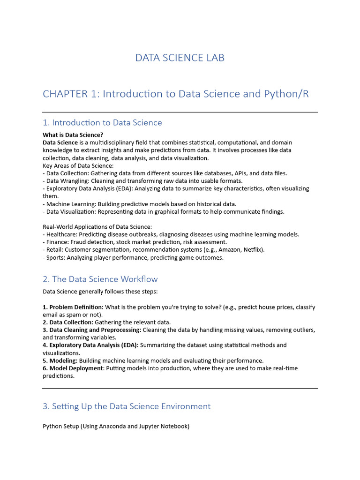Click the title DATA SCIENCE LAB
tap(180, 58)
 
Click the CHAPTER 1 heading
tap(176, 94)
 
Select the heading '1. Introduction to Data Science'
tap(102, 123)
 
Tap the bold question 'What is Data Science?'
tap(73, 135)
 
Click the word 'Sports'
tap(55, 257)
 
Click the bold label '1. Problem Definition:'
tap(73, 307)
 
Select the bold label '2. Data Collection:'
tap(68, 322)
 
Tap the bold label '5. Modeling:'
tap(60, 360)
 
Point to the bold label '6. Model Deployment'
tap(72, 368)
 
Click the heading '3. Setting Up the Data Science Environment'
tap(127, 406)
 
